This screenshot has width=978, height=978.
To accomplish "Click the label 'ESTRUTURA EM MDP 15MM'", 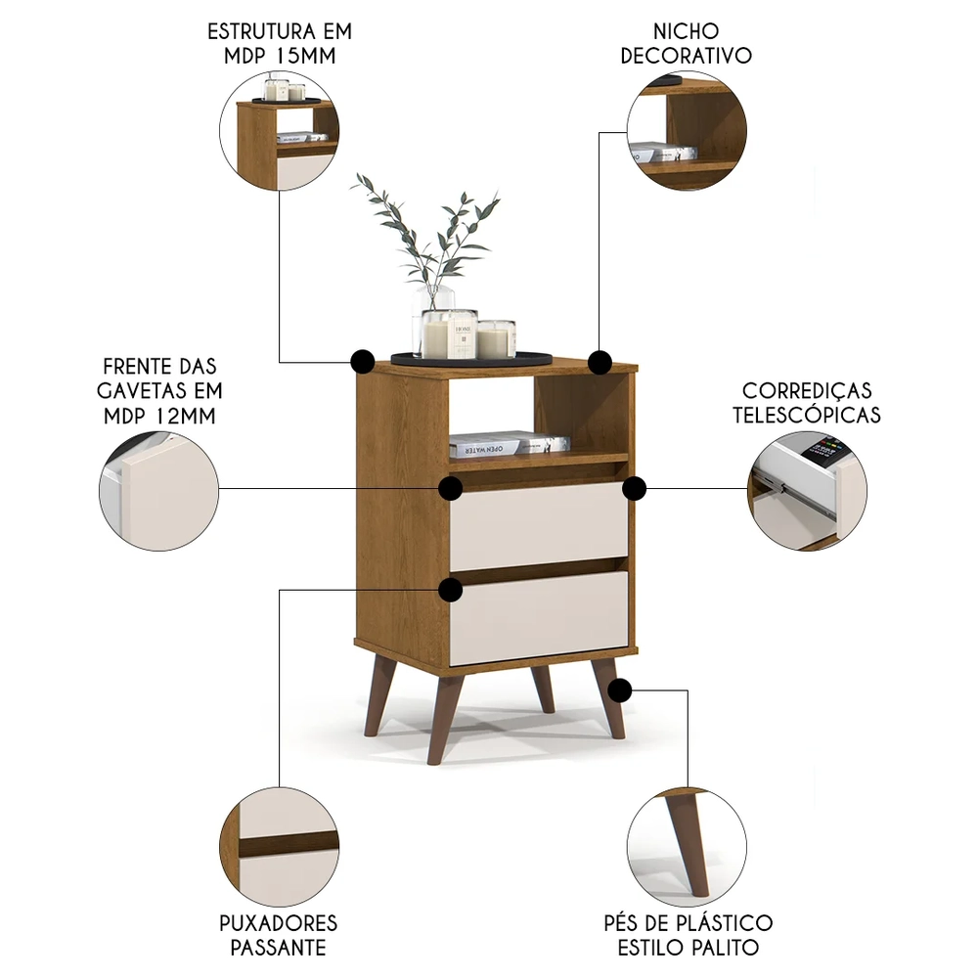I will tap(280, 43).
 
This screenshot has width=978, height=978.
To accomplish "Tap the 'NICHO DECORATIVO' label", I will tap(687, 43).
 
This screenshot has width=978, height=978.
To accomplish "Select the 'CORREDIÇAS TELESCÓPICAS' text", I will tap(797, 403).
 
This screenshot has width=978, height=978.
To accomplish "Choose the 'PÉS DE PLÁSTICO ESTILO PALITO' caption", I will tap(687, 934).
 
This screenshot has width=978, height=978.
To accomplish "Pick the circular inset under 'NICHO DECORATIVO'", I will tap(687, 130).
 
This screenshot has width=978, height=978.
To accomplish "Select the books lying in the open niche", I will tap(509, 444).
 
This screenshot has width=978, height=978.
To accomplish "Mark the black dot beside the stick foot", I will tap(618, 691).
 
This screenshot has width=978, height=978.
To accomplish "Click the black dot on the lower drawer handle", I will tap(451, 590).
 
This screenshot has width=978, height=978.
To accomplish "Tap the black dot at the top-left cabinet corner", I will tap(362, 361).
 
